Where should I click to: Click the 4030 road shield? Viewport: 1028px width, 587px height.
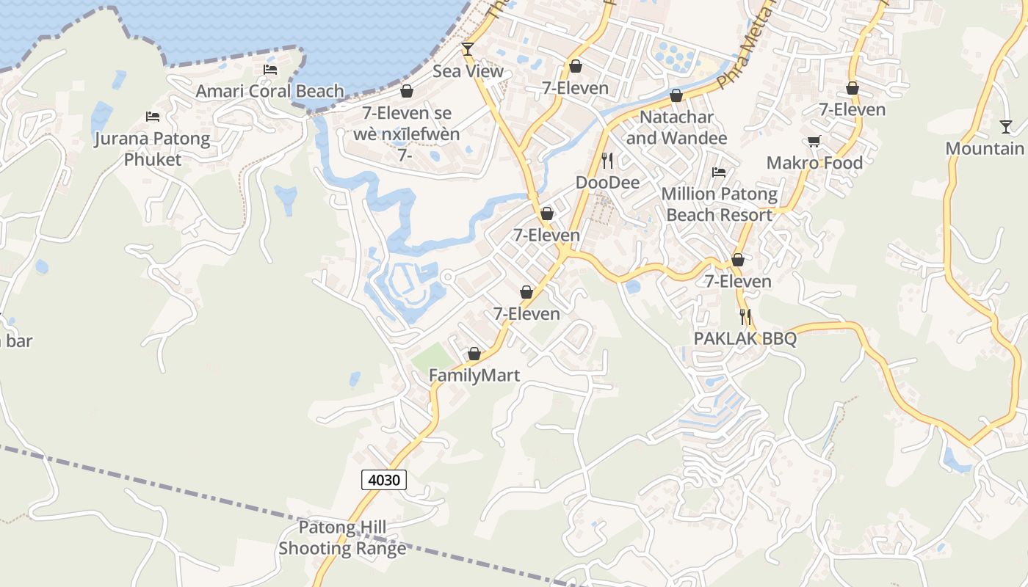[x=384, y=481]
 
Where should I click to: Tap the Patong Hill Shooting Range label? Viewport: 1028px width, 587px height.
[x=342, y=538]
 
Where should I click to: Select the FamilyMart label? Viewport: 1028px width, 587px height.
[x=474, y=376]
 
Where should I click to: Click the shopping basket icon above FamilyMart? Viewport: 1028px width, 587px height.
[x=474, y=354]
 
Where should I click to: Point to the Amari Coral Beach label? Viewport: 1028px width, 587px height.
[x=269, y=91]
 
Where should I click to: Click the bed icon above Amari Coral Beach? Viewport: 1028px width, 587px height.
[x=270, y=70]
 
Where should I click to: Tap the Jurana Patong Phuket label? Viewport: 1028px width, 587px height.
[x=152, y=149]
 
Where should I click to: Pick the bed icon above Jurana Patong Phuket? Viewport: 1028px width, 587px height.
[x=153, y=117]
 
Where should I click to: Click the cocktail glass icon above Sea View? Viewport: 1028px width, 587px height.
[x=468, y=49]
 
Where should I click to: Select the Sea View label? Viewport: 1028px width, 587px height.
[x=468, y=71]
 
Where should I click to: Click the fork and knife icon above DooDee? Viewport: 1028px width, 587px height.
[x=607, y=161]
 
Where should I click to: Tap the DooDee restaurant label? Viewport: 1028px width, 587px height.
[x=607, y=182]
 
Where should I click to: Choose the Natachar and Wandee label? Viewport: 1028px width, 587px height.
[x=676, y=128]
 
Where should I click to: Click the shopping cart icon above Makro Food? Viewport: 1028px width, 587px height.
[x=814, y=141]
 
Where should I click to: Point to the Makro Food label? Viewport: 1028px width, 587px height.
[x=814, y=163]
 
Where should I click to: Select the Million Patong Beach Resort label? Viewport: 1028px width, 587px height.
[x=720, y=204]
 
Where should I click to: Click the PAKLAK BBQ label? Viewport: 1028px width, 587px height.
[x=745, y=338]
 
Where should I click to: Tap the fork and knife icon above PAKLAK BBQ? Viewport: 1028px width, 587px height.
[x=745, y=317]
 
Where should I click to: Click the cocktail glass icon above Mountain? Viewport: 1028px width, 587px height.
[x=1005, y=127]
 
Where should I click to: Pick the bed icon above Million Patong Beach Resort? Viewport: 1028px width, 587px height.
[x=720, y=172]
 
